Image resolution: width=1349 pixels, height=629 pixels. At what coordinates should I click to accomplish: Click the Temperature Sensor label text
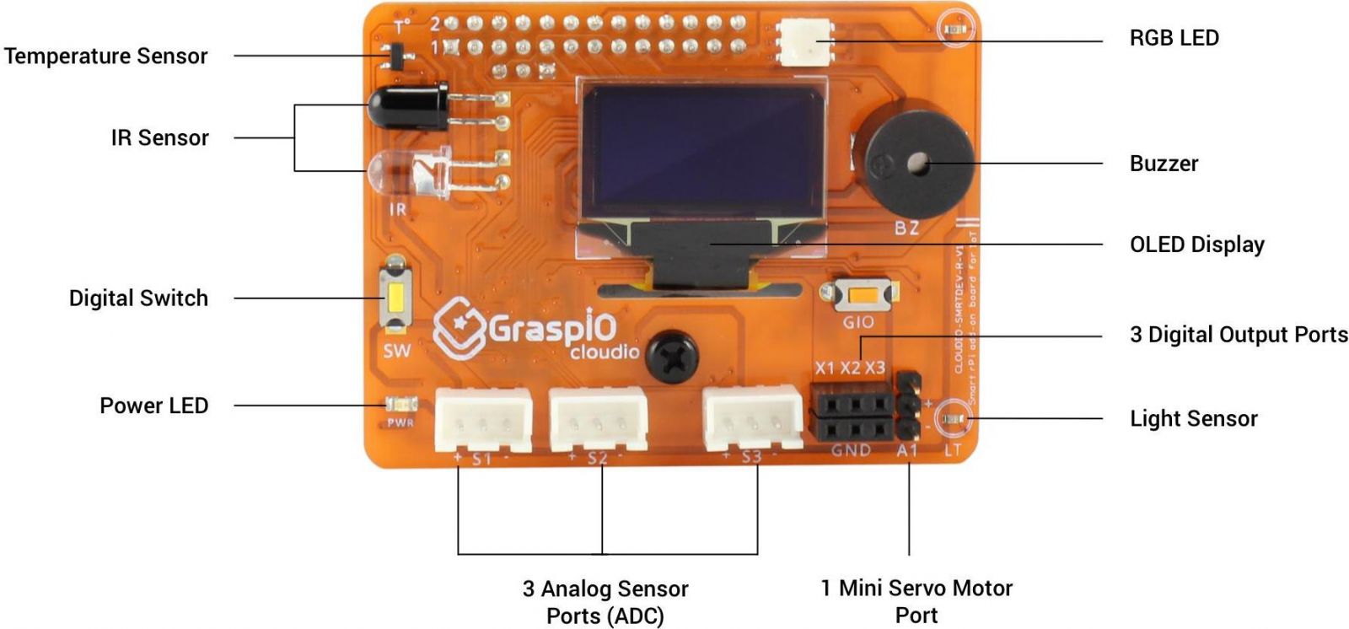[105, 56]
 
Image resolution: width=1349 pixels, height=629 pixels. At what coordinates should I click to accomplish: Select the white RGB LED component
[803, 40]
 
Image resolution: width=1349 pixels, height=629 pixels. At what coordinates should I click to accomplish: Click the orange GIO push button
[861, 296]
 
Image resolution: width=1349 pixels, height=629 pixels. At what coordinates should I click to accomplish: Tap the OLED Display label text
[1196, 245]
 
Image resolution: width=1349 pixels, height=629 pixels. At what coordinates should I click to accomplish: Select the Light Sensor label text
[1193, 418]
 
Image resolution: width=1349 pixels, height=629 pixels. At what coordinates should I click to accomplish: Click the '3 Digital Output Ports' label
[1239, 335]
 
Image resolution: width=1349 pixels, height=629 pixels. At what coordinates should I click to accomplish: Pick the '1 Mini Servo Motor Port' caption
[916, 601]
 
